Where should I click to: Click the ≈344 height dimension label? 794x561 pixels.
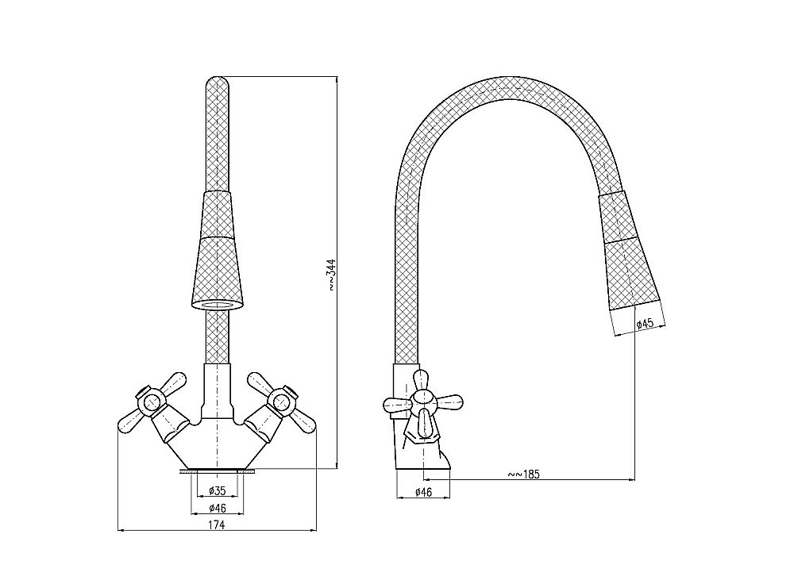pos(332,275)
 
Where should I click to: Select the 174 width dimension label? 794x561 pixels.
pos(217,524)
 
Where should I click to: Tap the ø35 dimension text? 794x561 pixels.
pos(217,490)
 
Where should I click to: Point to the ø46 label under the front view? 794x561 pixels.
pos(217,508)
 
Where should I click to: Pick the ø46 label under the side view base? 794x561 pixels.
pos(423,491)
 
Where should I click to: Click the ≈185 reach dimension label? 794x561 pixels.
pos(524,474)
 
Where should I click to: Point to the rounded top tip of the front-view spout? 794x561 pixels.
pos(217,78)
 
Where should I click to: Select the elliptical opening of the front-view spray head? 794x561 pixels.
pos(217,305)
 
